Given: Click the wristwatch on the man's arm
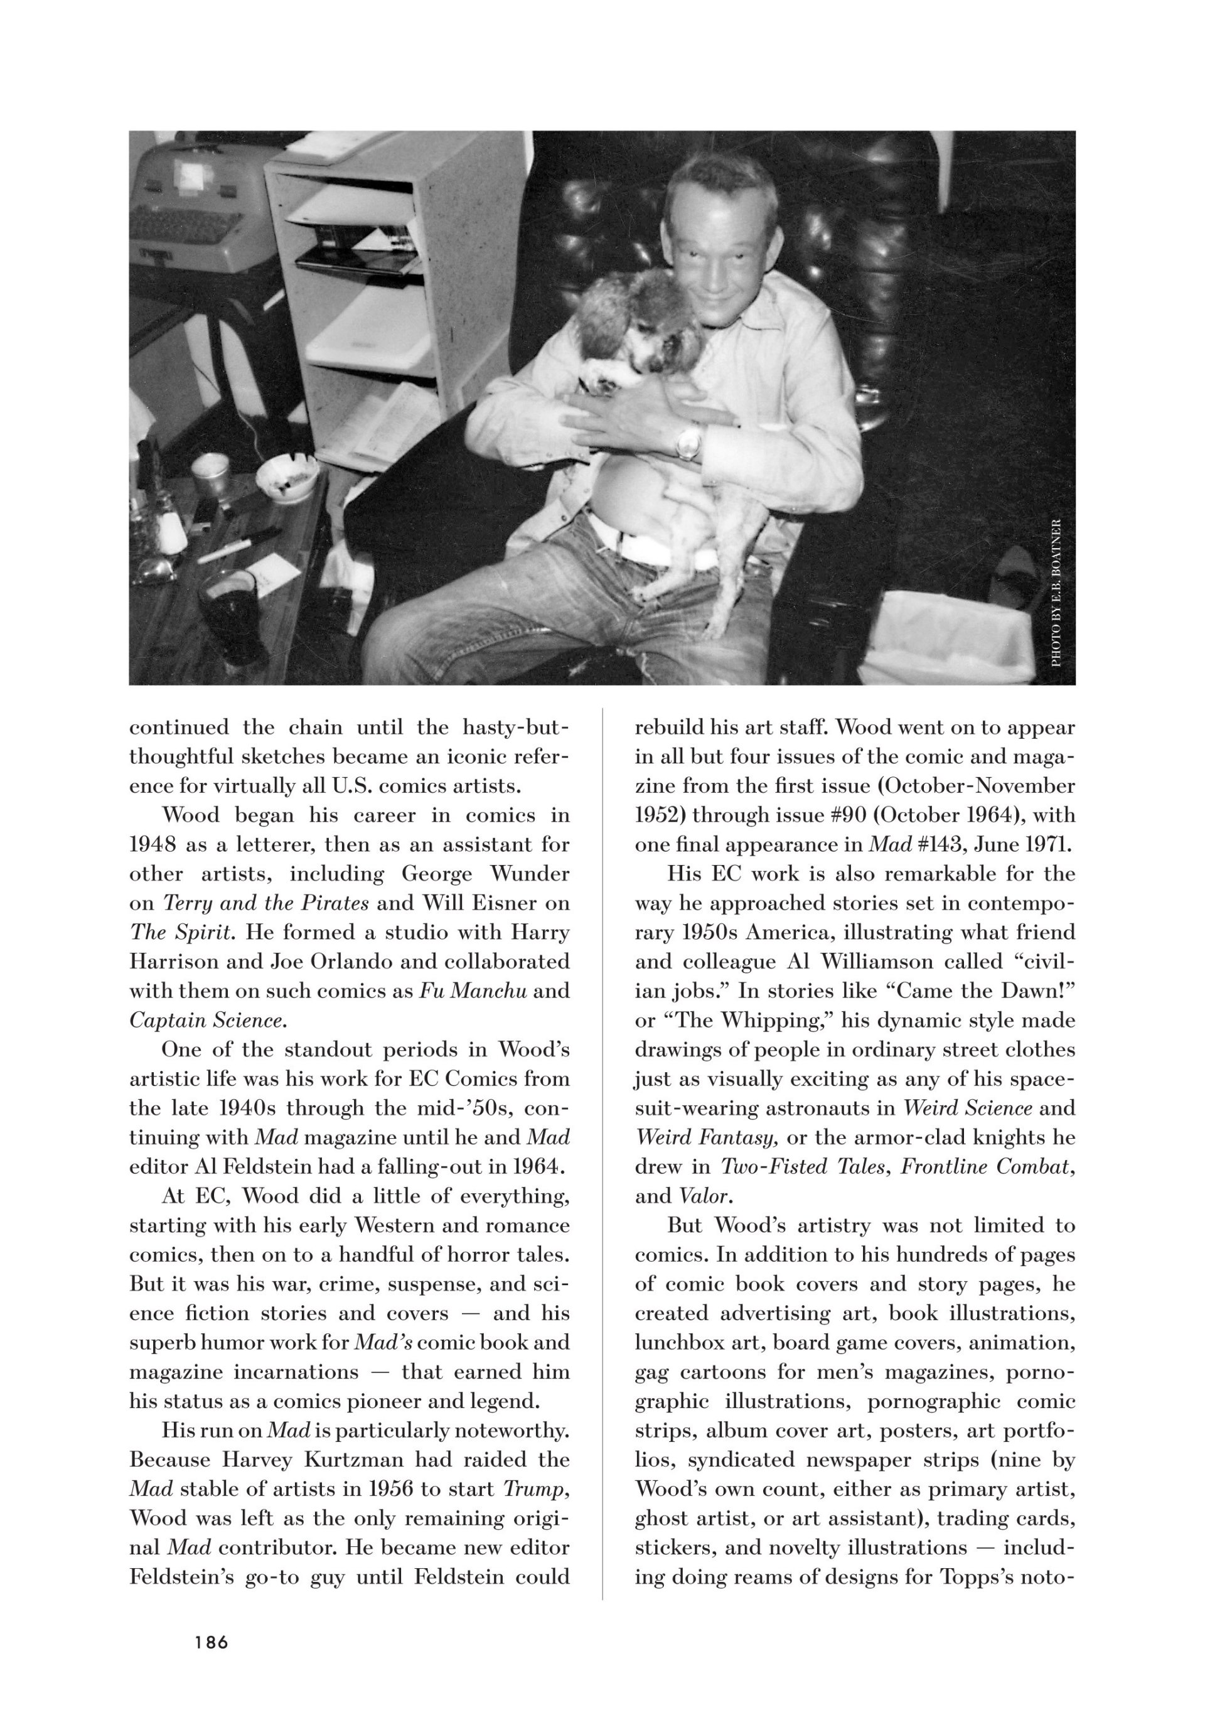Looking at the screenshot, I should (x=686, y=442).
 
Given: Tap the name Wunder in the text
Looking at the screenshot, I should (x=530, y=874).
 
